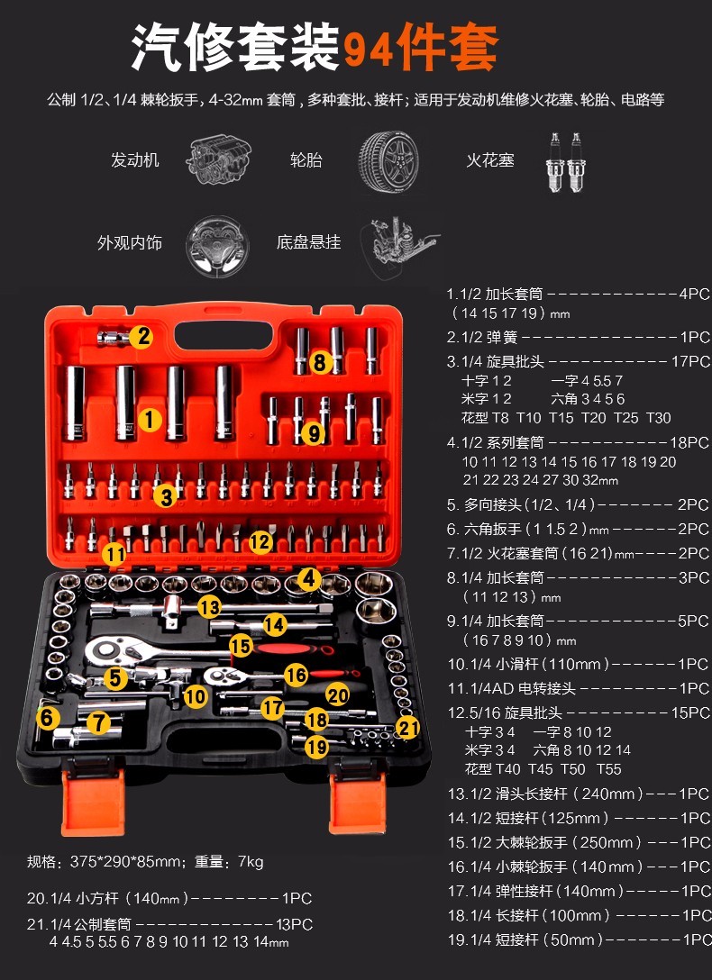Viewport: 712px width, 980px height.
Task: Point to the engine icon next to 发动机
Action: (218, 160)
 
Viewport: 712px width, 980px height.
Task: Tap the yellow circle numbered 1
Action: (149, 420)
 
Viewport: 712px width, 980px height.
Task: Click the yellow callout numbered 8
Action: (319, 361)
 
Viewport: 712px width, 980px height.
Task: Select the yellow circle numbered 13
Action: (209, 607)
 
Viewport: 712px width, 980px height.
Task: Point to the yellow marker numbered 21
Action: (407, 727)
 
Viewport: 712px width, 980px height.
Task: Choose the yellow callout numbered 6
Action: (47, 718)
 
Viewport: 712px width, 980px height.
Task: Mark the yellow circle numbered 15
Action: (241, 646)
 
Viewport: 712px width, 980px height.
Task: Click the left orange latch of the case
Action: (93, 803)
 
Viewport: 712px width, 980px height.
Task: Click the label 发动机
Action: (135, 160)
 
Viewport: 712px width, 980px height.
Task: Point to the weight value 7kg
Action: (250, 862)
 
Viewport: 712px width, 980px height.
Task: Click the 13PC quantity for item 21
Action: (294, 924)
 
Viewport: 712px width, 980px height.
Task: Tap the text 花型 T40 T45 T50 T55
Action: (543, 768)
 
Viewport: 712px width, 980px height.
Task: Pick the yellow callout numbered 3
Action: (166, 496)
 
